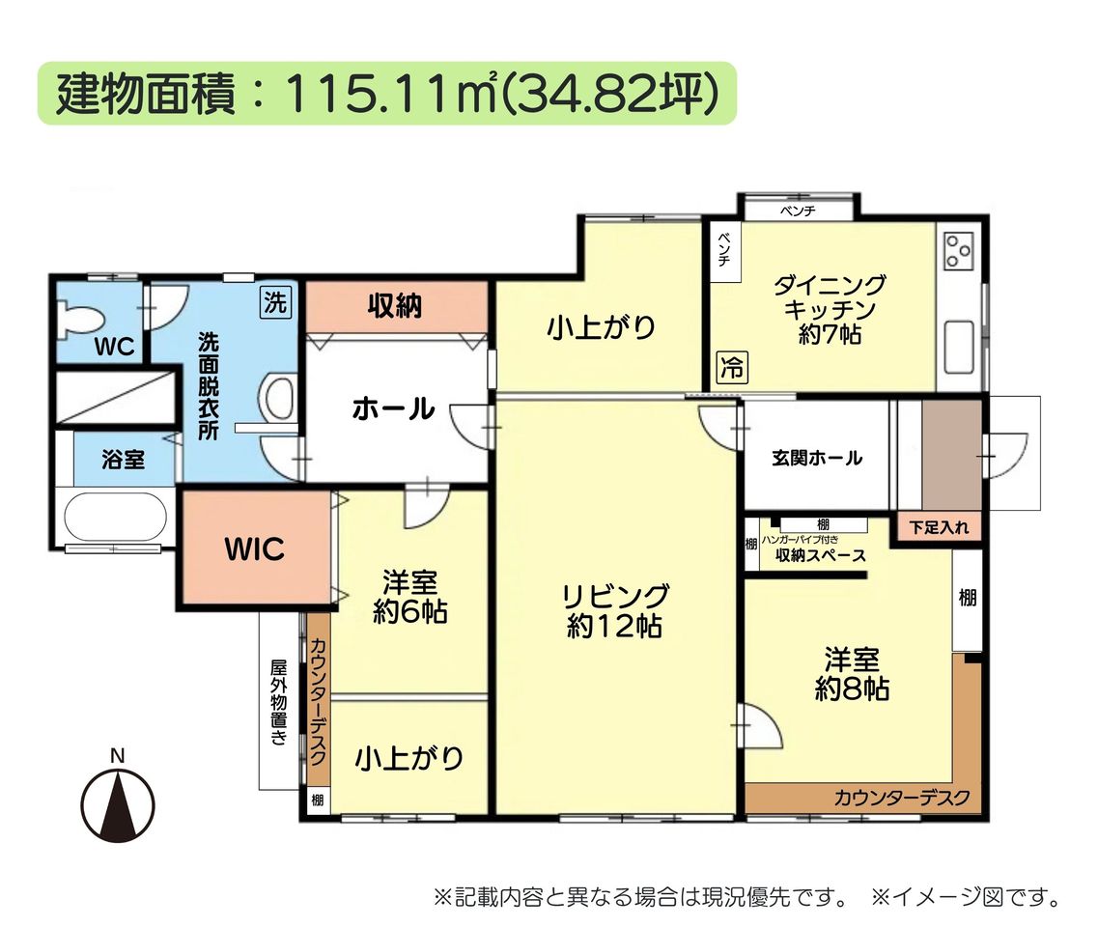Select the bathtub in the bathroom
pyautogui.click(x=116, y=517)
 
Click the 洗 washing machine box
pyautogui.click(x=275, y=302)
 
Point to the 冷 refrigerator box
pyautogui.click(x=732, y=367)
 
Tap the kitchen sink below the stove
pyautogui.click(x=959, y=348)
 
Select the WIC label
pyautogui.click(x=254, y=549)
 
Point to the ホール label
pyautogui.click(x=394, y=408)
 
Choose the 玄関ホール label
pyautogui.click(x=816, y=459)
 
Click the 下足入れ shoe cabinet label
pyautogui.click(x=939, y=527)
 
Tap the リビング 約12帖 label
pyautogui.click(x=615, y=611)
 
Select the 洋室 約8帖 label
pyautogui.click(x=852, y=674)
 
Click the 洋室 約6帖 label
pyautogui.click(x=409, y=597)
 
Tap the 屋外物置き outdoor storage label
pyautogui.click(x=279, y=702)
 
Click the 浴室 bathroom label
pyautogui.click(x=124, y=460)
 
